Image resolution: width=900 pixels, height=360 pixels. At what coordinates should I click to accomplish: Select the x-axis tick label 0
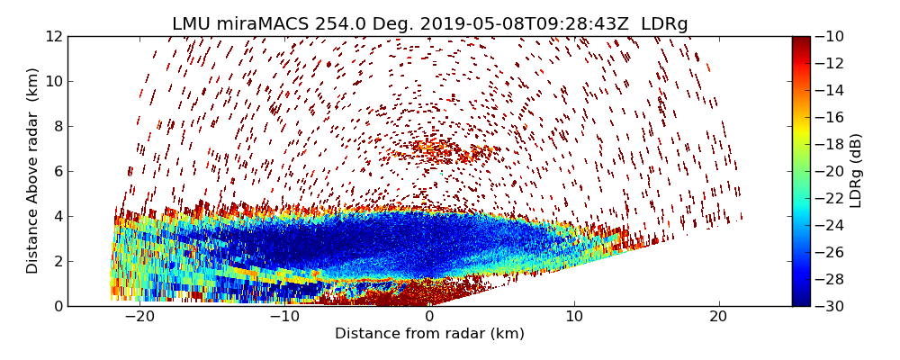429,317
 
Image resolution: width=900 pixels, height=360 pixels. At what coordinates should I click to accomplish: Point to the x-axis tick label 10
574,317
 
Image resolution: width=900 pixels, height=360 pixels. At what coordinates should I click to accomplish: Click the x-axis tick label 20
718,317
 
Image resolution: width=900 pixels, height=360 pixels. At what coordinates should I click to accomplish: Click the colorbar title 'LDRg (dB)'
856,171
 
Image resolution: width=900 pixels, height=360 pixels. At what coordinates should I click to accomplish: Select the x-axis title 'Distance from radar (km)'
429,334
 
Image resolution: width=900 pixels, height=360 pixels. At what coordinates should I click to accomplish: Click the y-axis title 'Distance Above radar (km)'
33,171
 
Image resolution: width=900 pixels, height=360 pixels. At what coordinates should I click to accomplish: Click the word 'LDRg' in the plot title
664,24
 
